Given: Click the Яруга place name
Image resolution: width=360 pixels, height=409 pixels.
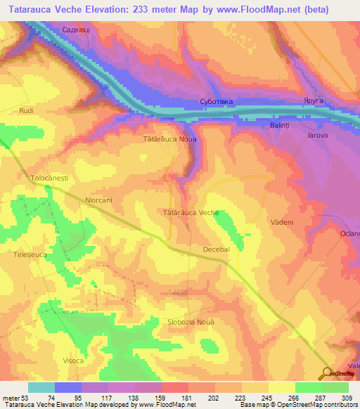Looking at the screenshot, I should point(314,101).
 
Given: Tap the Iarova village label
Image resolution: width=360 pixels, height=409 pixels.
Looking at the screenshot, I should point(318,135).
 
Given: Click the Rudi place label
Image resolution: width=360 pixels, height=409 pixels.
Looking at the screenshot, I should point(27,111).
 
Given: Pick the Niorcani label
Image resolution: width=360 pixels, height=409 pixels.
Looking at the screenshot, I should point(98,200).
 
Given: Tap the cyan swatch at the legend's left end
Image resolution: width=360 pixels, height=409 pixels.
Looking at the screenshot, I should point(41,387).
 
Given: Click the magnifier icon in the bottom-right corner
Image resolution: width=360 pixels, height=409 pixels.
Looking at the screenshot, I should point(328,373).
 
